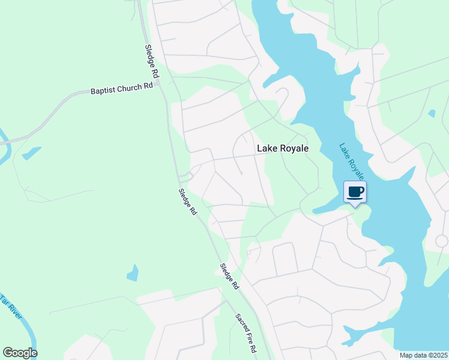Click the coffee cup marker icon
354,192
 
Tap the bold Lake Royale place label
282,148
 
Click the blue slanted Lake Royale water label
352,161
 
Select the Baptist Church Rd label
122,89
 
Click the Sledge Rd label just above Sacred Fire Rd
229,277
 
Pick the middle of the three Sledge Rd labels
188,202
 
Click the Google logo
20,353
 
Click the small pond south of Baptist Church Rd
31,153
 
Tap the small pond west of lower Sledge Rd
133,274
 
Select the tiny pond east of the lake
432,113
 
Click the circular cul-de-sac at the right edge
442,241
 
